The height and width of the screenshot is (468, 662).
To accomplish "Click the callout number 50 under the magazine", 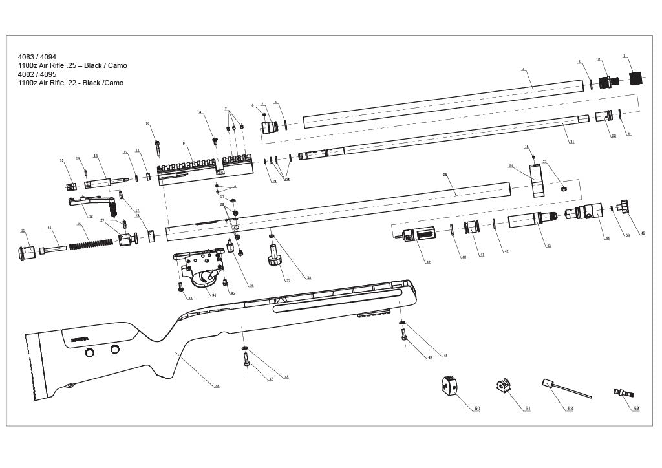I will point(477,409).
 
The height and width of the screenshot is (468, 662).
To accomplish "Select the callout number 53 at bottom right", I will point(636,409).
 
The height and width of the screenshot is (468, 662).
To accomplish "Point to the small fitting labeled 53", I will point(623,392).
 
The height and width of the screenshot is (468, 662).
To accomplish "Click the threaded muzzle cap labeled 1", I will point(637,79).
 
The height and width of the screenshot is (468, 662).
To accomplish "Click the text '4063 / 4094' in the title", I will point(37,57).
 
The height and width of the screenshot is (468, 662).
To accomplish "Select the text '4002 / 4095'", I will point(37,74).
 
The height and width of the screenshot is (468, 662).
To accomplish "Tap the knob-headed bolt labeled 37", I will point(275,257).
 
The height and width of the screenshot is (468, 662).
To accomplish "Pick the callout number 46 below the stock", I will point(217,386).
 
